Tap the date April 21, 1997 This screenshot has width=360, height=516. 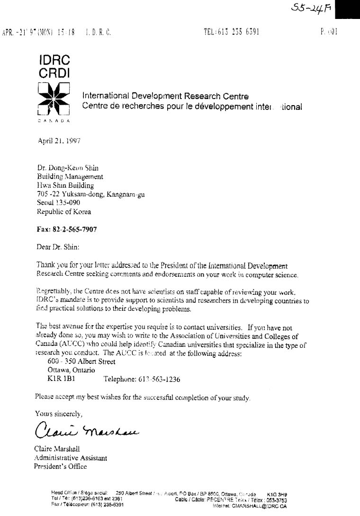(59, 140)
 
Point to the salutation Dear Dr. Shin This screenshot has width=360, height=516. (58, 246)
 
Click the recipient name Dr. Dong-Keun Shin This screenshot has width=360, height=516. (68, 168)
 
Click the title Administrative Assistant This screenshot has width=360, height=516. (71, 458)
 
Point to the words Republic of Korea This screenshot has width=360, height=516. (64, 212)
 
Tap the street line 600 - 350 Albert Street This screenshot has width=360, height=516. (81, 362)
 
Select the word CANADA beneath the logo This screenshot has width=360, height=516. (53, 122)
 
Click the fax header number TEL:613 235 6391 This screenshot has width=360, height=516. (231, 32)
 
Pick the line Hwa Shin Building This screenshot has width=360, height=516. (65, 185)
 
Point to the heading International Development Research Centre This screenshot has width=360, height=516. (165, 96)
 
